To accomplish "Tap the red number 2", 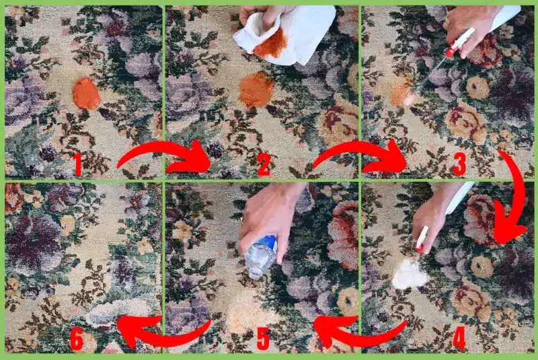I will [263, 165].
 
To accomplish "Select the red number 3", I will [459, 165].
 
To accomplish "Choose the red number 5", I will [263, 338].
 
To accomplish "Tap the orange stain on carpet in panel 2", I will [256, 89].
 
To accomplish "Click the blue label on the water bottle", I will [268, 244].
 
